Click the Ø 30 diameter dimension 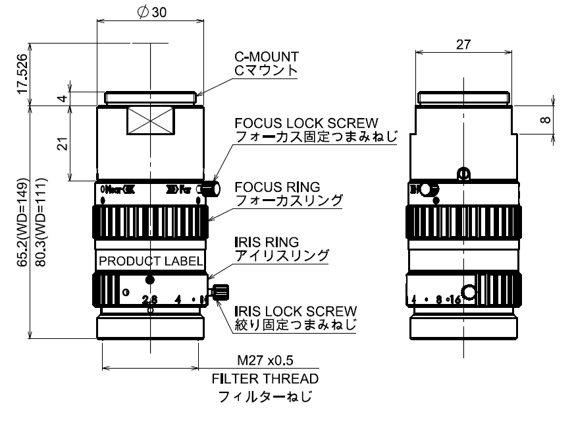tap(150, 13)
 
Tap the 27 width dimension tap(463, 44)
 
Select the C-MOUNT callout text tap(266, 57)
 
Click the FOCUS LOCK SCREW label tap(306, 123)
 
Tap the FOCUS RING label tap(277, 187)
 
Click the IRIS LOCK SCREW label tap(296, 311)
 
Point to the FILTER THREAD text tap(265, 378)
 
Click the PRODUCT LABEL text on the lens tap(151, 261)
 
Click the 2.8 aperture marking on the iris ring tap(150, 300)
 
